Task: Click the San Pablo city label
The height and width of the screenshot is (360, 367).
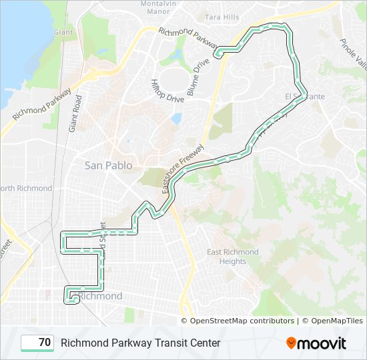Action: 108,165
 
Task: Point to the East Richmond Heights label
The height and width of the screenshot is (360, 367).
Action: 232,257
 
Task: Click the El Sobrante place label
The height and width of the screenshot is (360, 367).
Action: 305,97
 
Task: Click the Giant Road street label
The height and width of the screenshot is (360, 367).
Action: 75,113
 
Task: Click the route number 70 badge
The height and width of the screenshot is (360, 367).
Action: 37,343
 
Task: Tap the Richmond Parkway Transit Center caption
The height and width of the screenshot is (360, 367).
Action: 140,343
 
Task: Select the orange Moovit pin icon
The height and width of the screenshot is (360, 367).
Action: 292,343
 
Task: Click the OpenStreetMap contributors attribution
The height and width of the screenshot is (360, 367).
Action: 242,321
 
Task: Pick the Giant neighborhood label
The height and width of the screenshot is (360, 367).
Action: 63,32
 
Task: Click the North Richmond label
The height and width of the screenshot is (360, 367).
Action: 26,188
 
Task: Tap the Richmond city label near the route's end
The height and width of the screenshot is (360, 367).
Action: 101,296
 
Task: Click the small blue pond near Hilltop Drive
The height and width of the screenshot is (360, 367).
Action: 176,119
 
